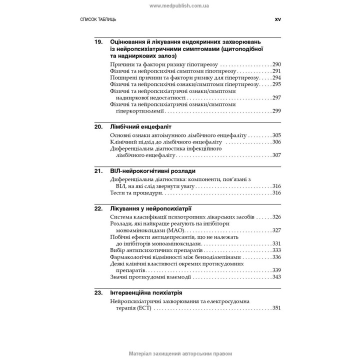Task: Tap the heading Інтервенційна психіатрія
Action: (x=145, y=292)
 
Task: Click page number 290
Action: (x=276, y=64)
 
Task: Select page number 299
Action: (x=276, y=110)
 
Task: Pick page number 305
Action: (x=276, y=135)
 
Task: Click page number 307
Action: (x=276, y=155)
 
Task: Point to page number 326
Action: (x=276, y=217)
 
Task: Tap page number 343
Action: (x=276, y=276)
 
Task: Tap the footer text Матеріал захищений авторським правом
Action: (x=179, y=353)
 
